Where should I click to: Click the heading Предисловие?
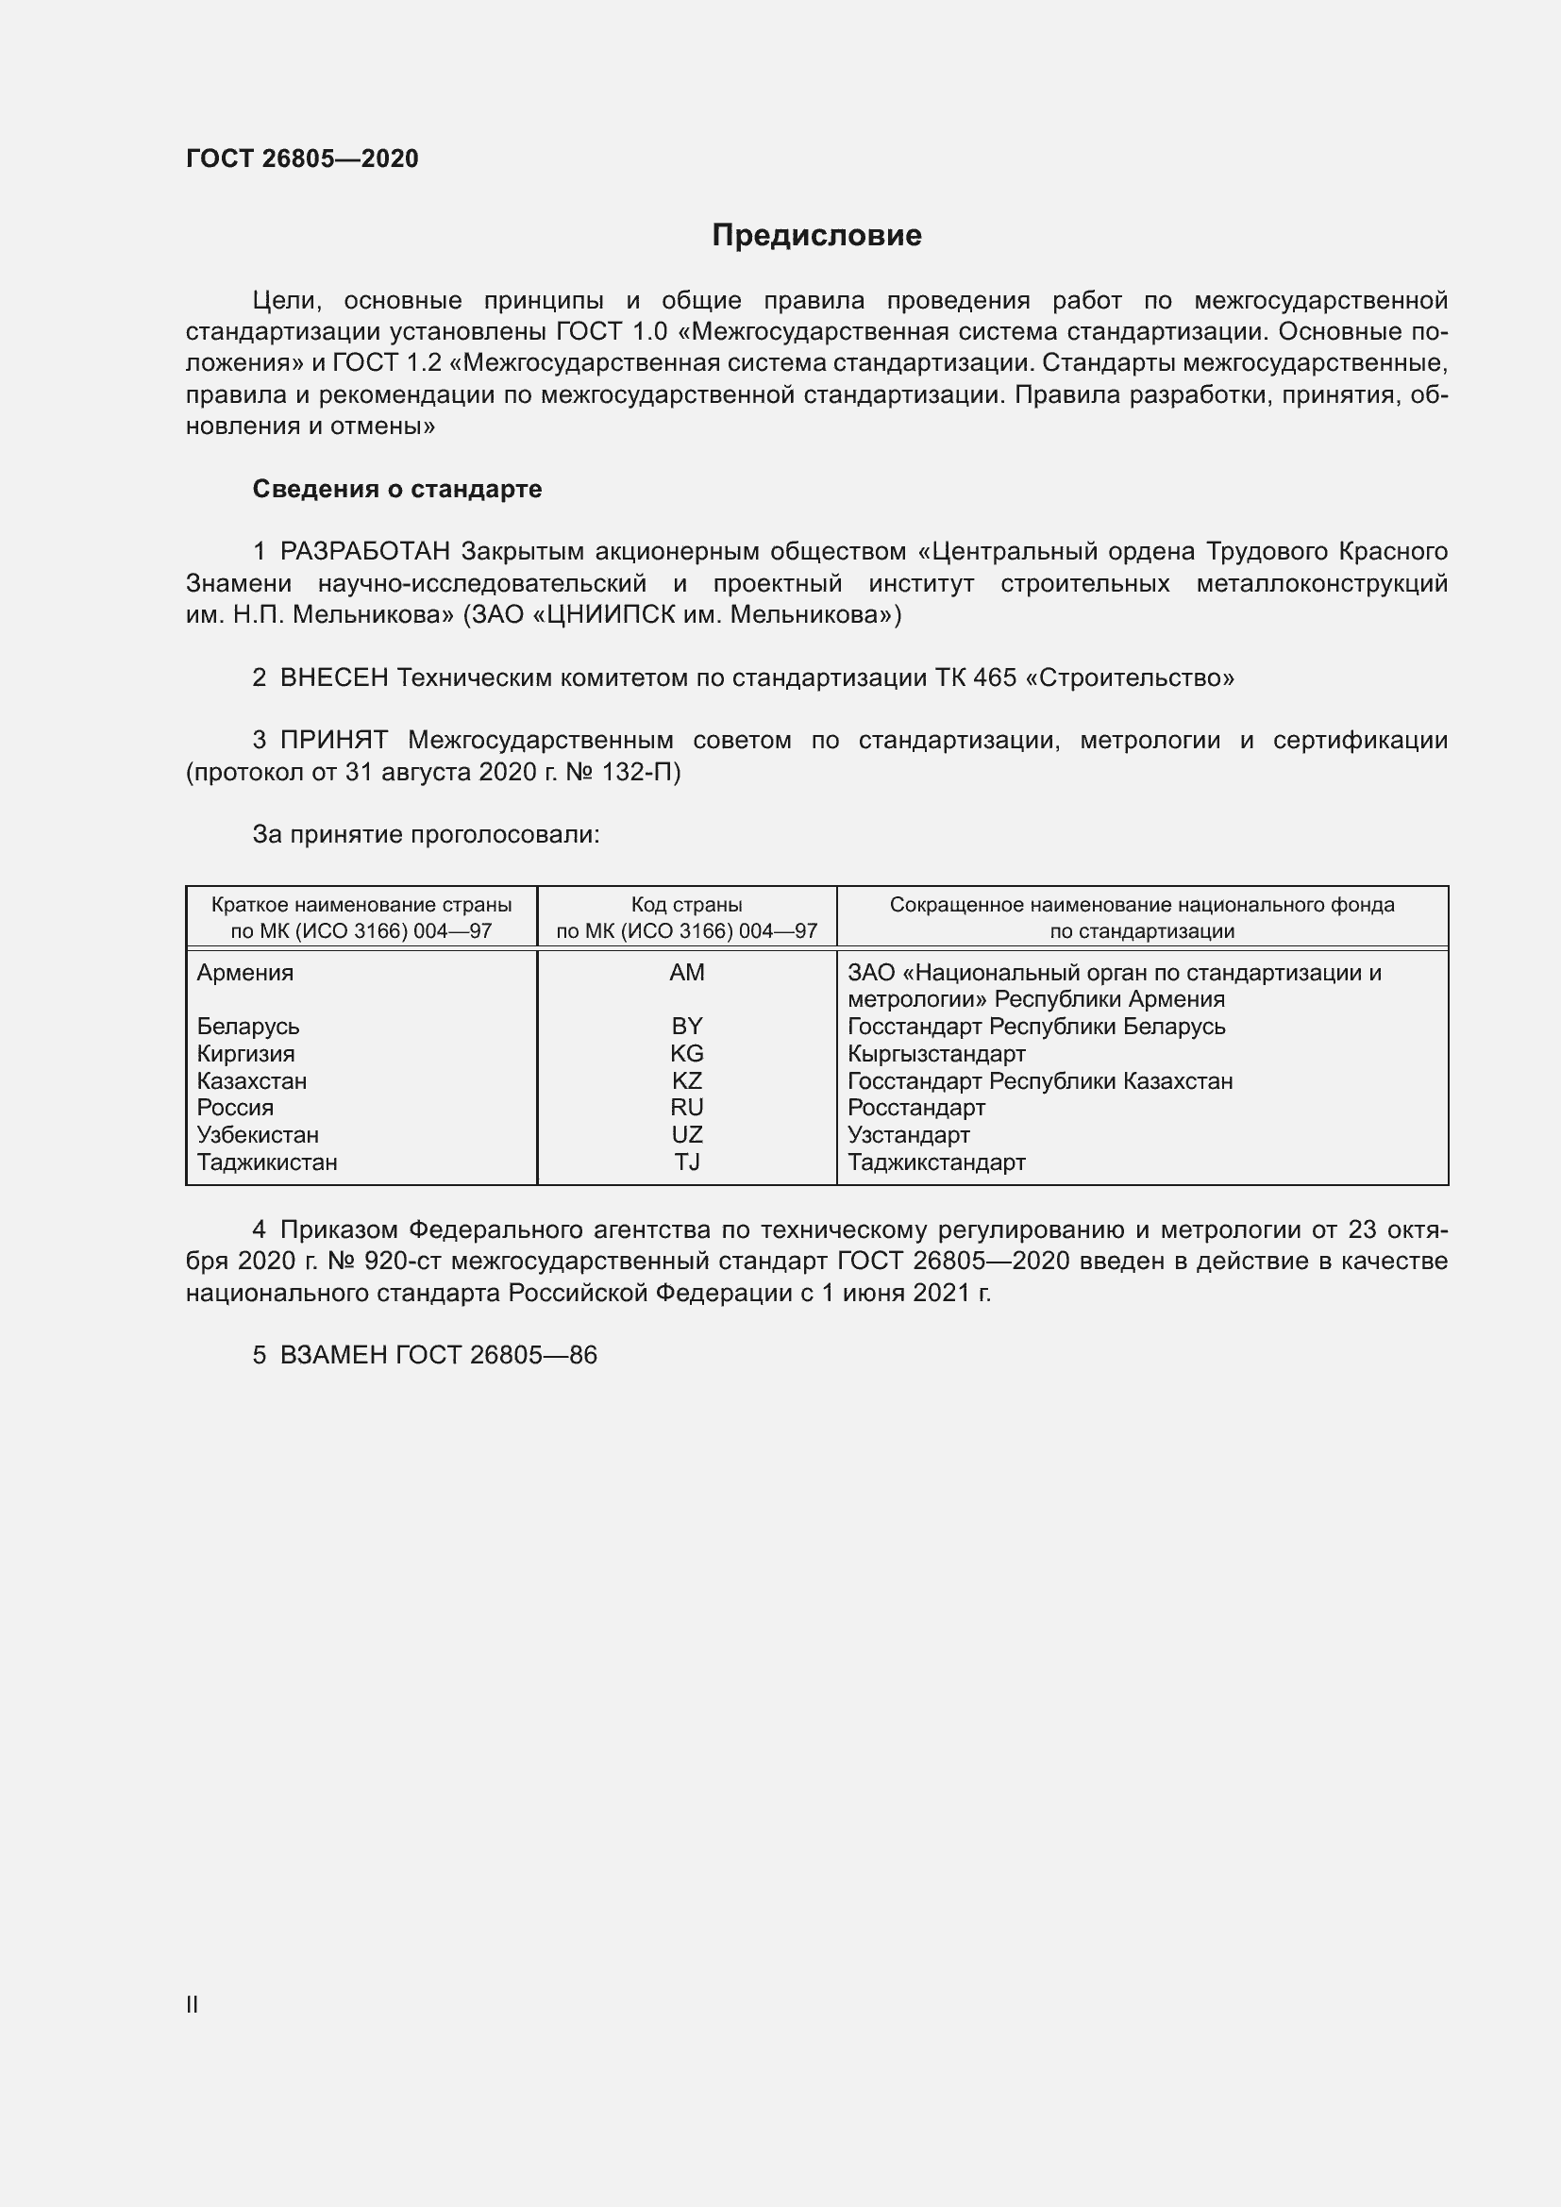point(816,236)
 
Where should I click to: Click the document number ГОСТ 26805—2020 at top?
point(302,159)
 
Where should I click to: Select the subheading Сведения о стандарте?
point(397,490)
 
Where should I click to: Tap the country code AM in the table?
point(686,973)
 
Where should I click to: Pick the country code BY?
point(686,1027)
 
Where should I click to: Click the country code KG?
point(686,1054)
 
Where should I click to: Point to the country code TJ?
point(686,1162)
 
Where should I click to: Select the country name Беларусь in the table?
point(248,1027)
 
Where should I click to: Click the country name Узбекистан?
point(258,1135)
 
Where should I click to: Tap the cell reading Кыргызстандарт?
point(936,1054)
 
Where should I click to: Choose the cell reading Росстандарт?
point(916,1109)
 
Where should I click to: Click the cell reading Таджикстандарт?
point(936,1162)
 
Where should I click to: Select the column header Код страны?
point(686,905)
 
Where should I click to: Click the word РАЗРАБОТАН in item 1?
point(365,552)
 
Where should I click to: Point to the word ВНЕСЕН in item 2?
point(333,677)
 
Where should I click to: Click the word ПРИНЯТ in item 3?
point(333,740)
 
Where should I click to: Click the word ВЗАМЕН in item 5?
point(333,1355)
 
